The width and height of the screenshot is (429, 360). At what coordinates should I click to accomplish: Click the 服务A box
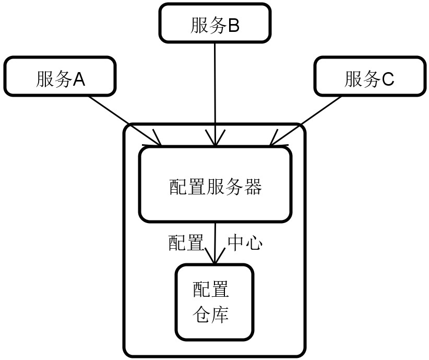(59, 77)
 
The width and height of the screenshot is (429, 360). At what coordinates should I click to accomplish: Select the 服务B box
(214, 23)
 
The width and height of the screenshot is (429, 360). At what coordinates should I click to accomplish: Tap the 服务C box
(370, 77)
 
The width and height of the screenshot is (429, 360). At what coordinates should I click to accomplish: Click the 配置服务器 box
(214, 184)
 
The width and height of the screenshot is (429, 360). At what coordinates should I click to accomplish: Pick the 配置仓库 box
(214, 303)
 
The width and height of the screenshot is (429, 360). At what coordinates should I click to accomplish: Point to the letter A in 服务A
(78, 79)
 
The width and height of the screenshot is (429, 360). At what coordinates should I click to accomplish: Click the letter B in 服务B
(233, 26)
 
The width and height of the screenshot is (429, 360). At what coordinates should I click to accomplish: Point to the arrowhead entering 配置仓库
(214, 260)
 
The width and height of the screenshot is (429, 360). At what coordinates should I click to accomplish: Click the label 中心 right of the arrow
(245, 243)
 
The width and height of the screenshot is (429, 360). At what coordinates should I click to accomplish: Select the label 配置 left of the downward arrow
(186, 243)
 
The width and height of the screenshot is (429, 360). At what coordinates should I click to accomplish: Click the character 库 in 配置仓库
(220, 315)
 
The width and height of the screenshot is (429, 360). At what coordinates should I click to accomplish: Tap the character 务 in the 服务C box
(372, 79)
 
